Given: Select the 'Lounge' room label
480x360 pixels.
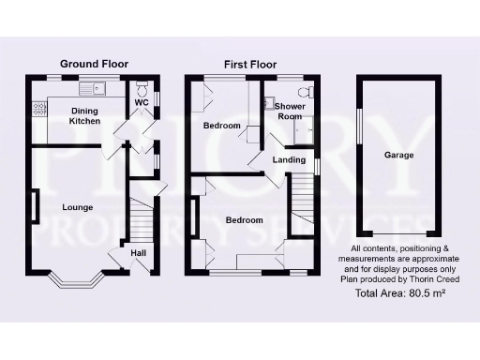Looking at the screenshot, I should pos(77,206).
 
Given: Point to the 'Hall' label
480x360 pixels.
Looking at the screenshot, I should pos(139,253).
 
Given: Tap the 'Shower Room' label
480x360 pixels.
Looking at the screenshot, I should pos(289,112).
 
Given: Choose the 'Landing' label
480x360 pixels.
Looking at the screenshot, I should pos(289,159).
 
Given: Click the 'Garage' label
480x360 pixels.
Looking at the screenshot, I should pos(398,156).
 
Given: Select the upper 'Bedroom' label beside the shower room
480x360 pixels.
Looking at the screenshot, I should pos(222,126).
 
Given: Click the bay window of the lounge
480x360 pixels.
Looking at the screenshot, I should pos(78,278).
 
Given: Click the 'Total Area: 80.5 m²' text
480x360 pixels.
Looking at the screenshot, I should pos(400,293).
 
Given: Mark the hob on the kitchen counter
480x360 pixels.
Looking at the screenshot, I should pos(39,110).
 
